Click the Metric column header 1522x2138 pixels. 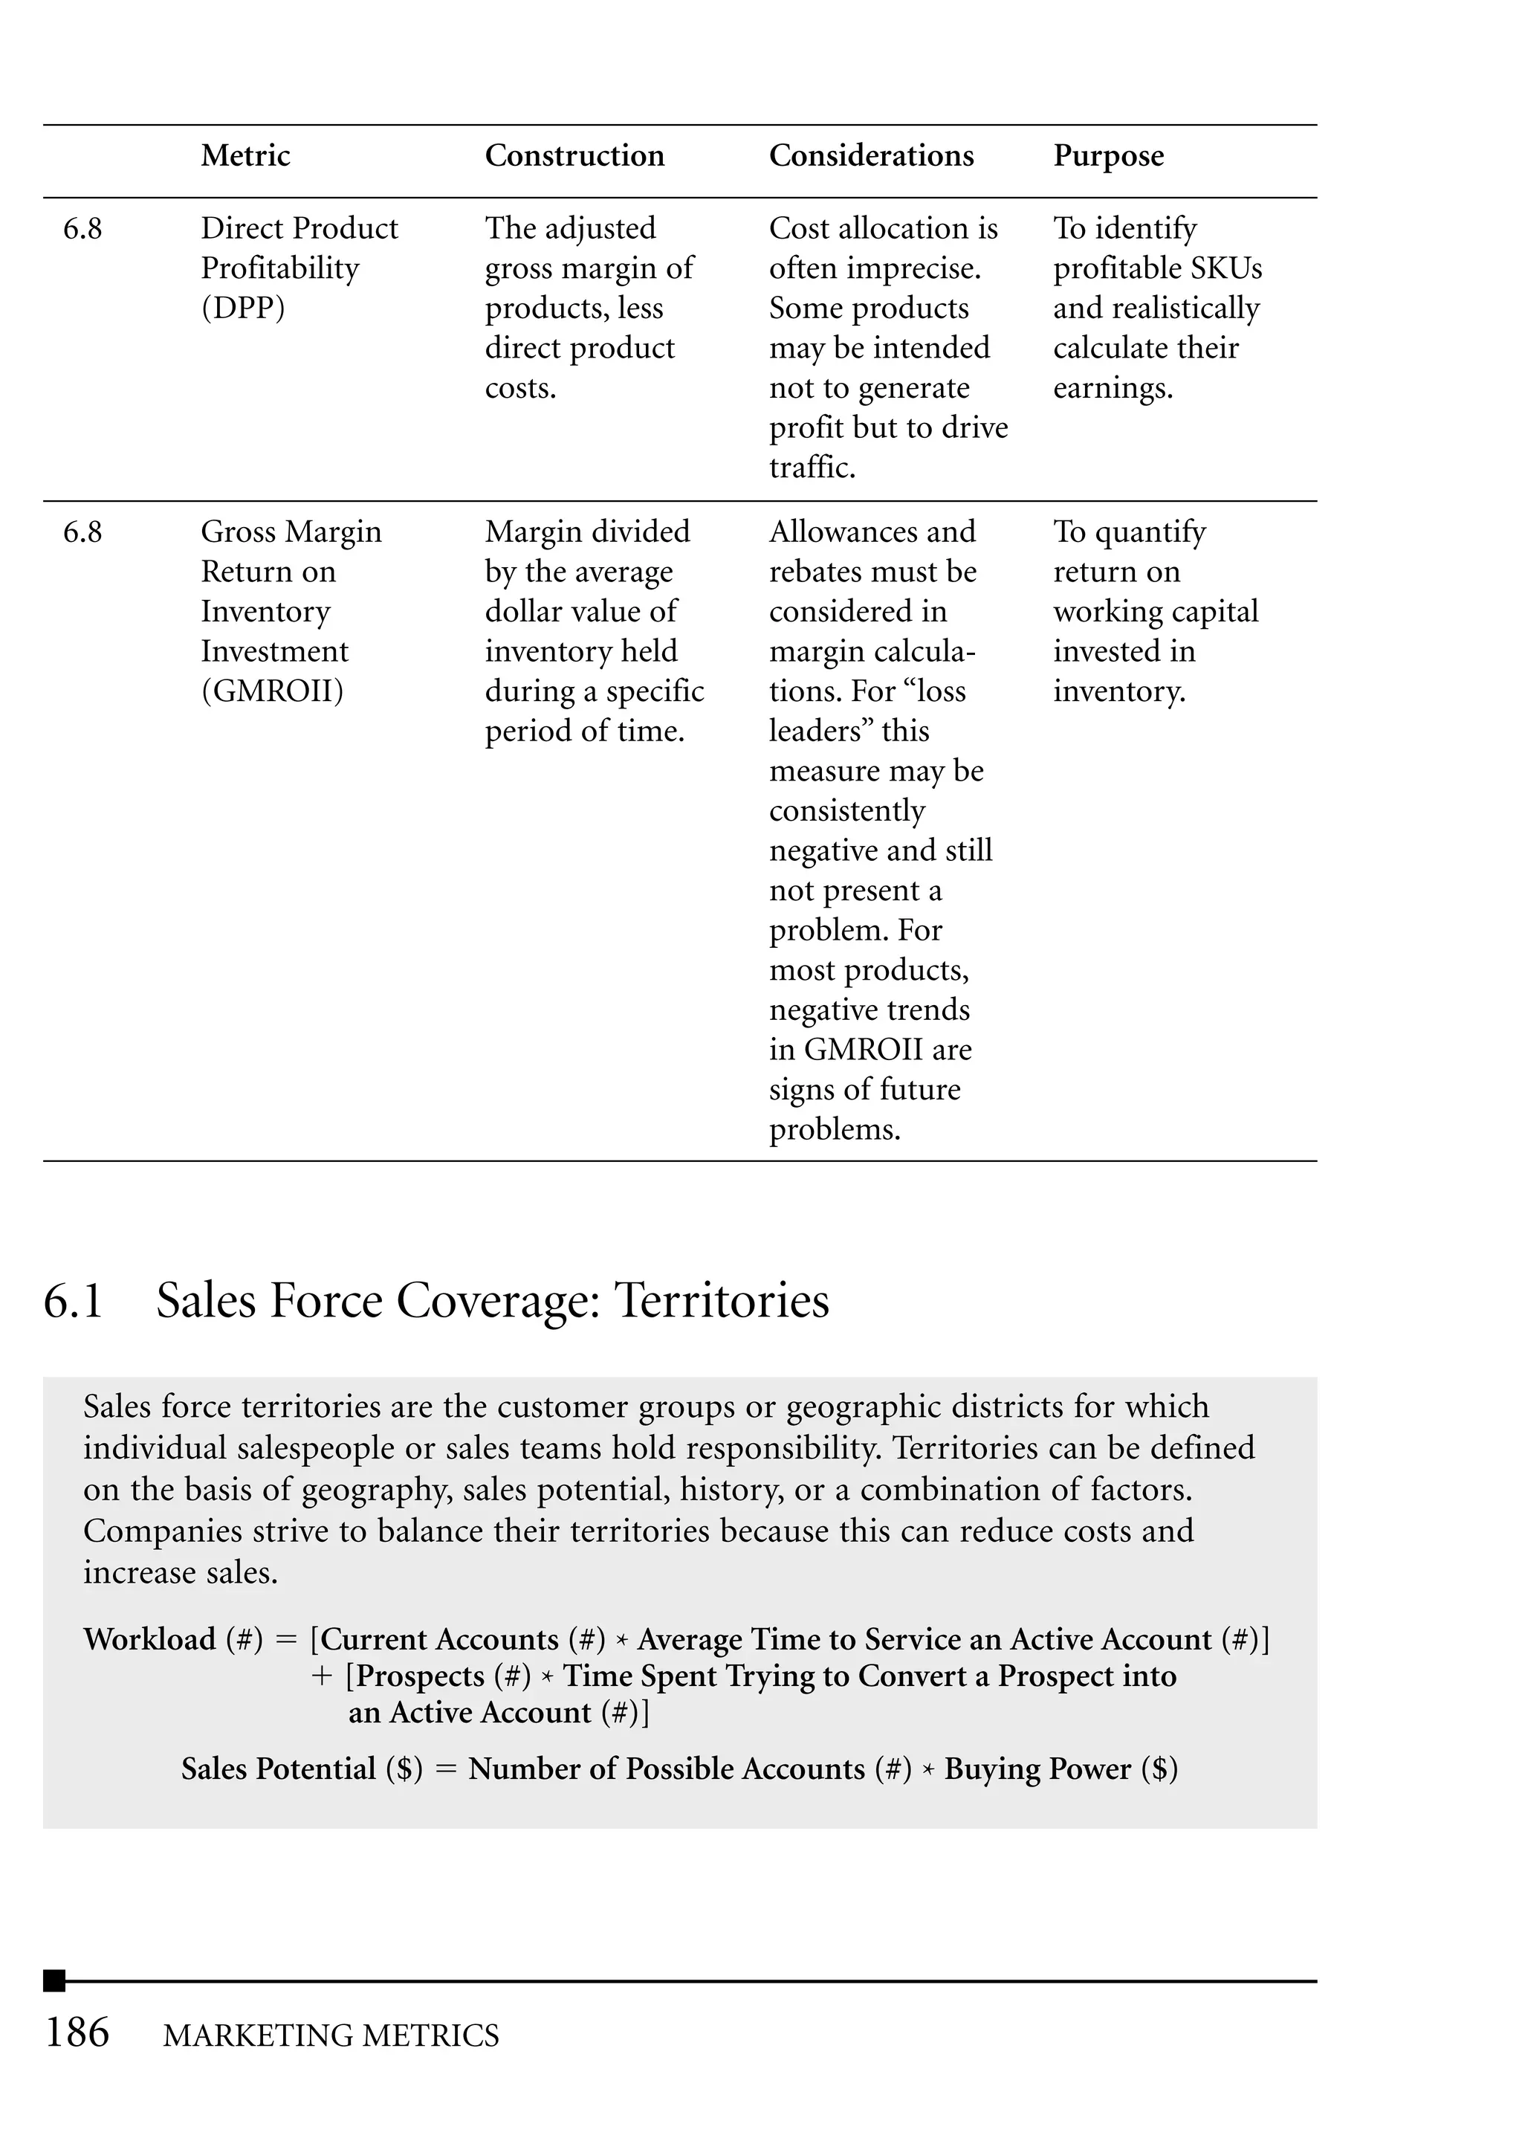(245, 155)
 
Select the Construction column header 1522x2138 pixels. (574, 155)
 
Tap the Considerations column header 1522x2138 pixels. (871, 155)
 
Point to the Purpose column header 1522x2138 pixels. (1108, 155)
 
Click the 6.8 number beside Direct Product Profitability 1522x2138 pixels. (82, 229)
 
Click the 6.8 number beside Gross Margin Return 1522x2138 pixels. (82, 532)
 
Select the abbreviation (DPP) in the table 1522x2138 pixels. (243, 309)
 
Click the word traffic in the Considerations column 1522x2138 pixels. (811, 468)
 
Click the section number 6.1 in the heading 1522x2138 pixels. (73, 1301)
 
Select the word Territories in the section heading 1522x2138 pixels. (721, 1301)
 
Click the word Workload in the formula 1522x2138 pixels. (150, 1639)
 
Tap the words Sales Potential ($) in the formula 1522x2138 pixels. (302, 1769)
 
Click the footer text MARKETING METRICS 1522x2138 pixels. (331, 2036)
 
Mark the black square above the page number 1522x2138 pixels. (54, 1980)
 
